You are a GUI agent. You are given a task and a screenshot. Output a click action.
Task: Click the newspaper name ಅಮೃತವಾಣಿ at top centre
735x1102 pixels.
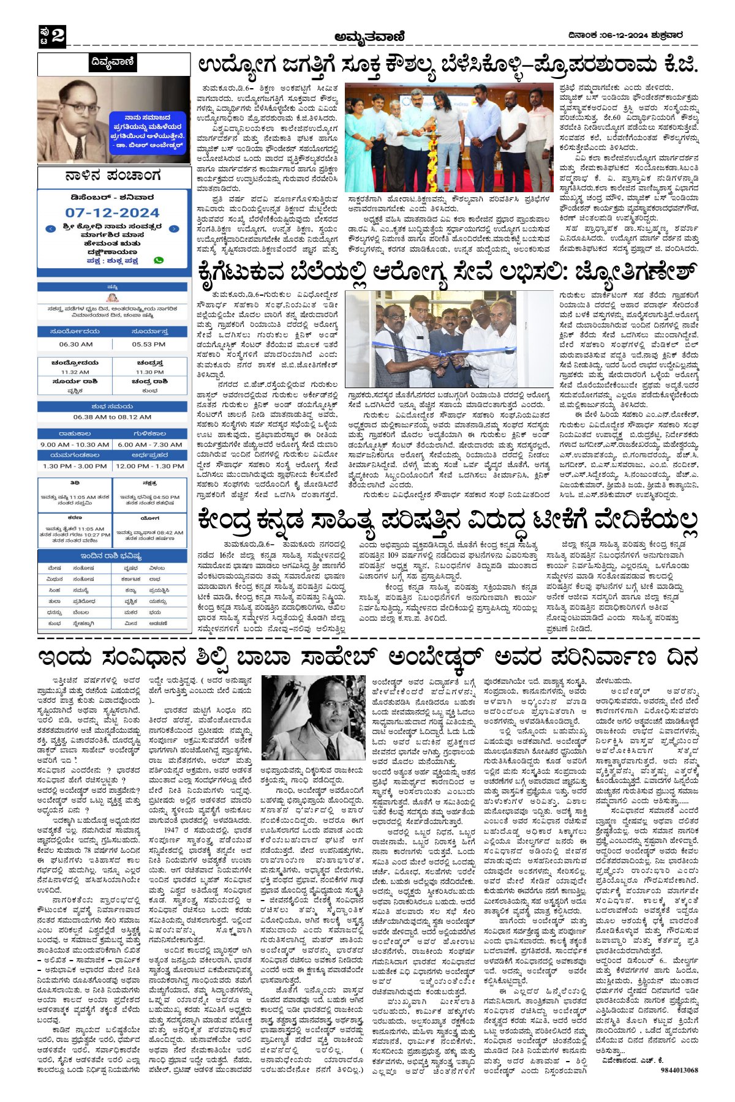[x=369, y=37]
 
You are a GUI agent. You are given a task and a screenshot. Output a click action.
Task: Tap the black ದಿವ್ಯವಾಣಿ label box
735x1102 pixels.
[x=111, y=62]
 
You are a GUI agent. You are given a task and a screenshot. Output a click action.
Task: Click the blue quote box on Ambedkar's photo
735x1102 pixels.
[x=147, y=132]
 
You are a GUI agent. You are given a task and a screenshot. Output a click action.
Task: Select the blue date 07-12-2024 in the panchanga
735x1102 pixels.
[x=112, y=212]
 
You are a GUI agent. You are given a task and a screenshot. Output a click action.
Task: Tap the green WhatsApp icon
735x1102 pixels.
[x=159, y=260]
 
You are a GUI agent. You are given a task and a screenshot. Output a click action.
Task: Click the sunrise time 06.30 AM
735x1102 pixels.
[x=75, y=345]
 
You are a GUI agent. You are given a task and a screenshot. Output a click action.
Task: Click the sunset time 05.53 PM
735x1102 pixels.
[x=149, y=345]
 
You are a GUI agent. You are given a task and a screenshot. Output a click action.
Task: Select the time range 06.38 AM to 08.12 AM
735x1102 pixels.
[x=112, y=417]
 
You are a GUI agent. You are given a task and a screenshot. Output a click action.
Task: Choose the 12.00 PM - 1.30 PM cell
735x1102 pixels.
[x=149, y=466]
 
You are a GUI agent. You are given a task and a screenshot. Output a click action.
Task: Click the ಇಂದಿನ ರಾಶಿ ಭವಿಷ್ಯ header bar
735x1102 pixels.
[x=112, y=556]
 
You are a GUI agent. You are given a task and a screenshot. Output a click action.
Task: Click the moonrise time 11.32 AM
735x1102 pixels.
[x=75, y=372]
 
